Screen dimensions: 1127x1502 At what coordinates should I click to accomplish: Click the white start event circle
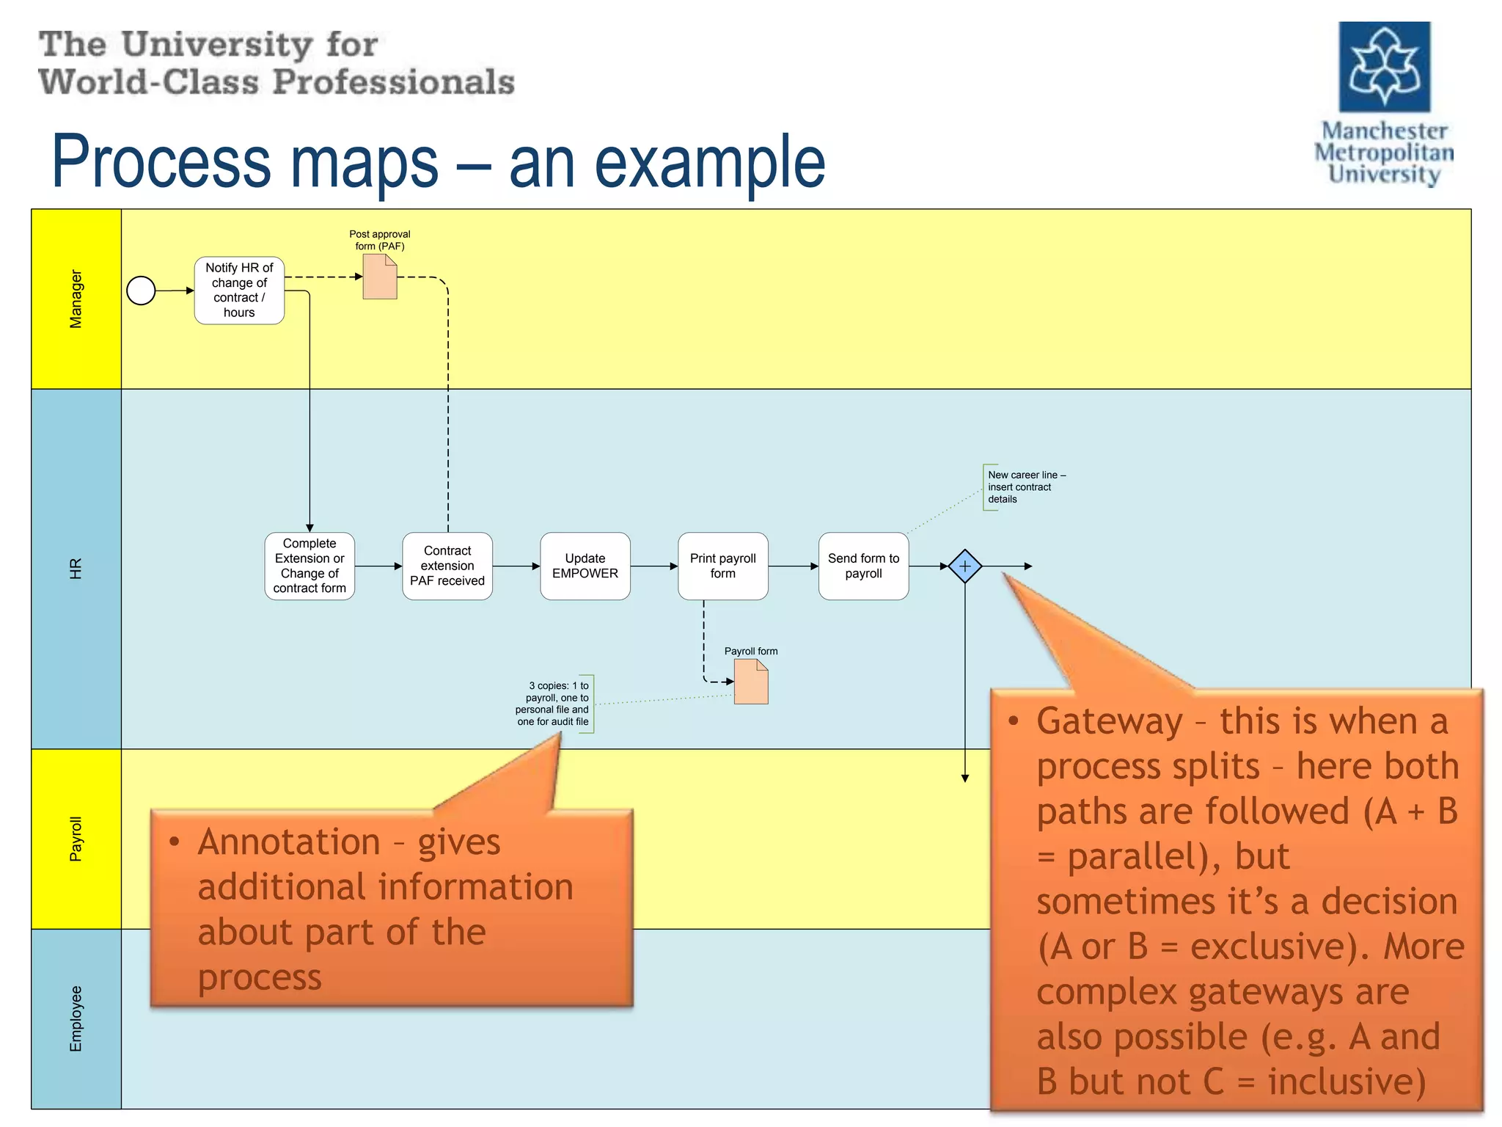click(x=141, y=291)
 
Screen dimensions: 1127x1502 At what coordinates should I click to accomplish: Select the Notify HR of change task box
click(x=239, y=291)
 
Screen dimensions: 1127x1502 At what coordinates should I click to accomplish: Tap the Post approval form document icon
click(x=380, y=277)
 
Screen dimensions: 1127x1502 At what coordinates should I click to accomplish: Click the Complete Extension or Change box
click(x=309, y=566)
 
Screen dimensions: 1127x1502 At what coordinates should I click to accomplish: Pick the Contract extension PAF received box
click(x=447, y=566)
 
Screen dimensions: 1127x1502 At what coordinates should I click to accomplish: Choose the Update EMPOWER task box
click(x=585, y=566)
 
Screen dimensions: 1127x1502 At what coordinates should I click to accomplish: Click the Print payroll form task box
click(x=722, y=566)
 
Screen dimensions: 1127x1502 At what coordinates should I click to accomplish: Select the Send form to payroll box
click(x=863, y=566)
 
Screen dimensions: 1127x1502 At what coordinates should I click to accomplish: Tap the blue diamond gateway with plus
click(x=964, y=566)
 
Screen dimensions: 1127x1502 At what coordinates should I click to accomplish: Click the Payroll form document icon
click(x=751, y=682)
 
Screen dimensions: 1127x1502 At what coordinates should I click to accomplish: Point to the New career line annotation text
click(x=1025, y=487)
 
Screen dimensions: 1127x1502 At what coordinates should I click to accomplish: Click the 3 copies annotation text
click(x=554, y=704)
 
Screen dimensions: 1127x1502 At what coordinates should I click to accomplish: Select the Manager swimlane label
click(x=76, y=299)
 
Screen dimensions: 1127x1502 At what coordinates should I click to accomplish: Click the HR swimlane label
click(x=76, y=569)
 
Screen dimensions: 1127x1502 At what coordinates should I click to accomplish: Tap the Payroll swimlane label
click(x=76, y=839)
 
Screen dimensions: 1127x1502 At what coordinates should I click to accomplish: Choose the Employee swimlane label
click(x=76, y=1018)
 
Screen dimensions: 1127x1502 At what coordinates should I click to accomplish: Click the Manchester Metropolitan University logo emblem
click(x=1384, y=67)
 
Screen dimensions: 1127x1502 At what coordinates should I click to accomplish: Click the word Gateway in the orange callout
click(x=1109, y=722)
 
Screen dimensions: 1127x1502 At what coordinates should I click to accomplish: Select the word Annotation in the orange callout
click(x=288, y=842)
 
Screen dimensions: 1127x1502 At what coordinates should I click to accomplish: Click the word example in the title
click(x=709, y=163)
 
